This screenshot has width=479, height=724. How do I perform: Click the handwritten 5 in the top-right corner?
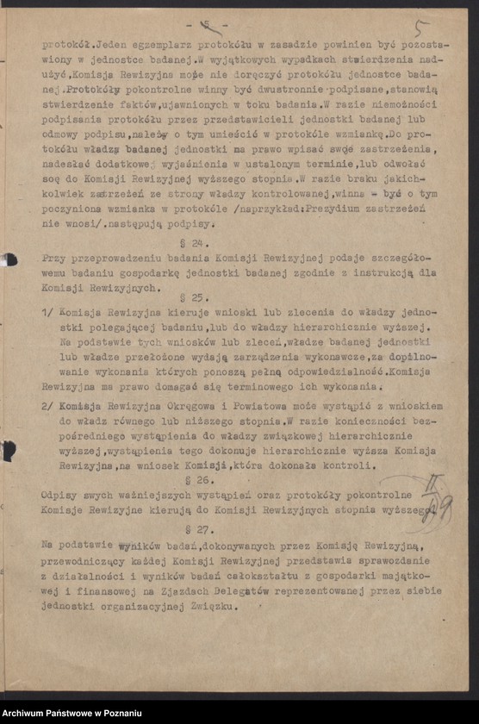tap(421, 29)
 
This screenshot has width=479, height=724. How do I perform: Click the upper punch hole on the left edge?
tap(9, 259)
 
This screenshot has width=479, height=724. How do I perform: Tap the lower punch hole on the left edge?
tap(9, 451)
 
